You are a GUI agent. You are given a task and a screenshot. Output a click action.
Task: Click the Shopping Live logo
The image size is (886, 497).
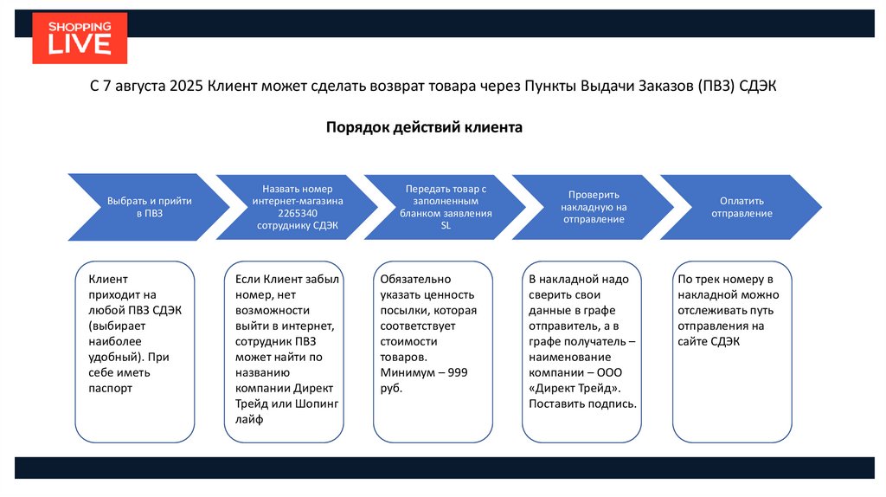click(80, 38)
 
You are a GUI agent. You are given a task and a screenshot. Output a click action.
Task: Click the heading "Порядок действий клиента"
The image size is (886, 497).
click(424, 127)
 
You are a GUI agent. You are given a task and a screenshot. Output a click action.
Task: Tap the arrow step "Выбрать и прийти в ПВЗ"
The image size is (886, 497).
click(149, 206)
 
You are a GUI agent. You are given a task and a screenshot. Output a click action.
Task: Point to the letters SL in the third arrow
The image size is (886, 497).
click(446, 225)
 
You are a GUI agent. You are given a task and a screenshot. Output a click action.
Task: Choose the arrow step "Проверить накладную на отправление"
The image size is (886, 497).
click(594, 207)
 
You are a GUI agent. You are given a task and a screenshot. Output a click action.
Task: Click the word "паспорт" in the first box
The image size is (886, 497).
click(110, 388)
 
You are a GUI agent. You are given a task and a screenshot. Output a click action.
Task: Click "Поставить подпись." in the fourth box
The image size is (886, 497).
click(582, 403)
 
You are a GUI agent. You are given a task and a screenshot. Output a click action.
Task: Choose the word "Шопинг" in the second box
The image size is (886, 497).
click(317, 403)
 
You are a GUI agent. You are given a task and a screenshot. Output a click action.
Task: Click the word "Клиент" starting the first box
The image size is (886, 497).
click(108, 279)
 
